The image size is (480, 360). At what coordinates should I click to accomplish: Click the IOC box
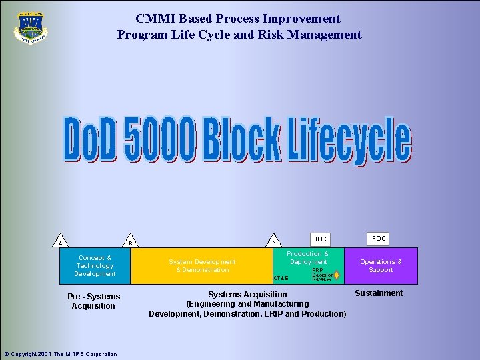[321, 239]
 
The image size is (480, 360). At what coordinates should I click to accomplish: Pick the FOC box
[379, 238]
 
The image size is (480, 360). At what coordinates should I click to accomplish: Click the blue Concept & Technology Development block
[95, 266]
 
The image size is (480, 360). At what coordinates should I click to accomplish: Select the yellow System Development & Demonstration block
[201, 266]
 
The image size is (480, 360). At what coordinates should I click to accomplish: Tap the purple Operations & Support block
[381, 266]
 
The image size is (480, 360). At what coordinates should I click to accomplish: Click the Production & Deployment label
[308, 258]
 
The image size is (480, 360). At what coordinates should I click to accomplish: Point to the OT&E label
[281, 278]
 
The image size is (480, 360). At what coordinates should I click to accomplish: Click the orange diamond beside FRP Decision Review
[337, 275]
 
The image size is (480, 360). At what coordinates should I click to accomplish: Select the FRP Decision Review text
[321, 275]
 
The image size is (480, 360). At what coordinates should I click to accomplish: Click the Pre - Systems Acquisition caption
[94, 301]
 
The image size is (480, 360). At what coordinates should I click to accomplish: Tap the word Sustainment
[379, 293]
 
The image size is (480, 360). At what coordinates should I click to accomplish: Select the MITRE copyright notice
[60, 354]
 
